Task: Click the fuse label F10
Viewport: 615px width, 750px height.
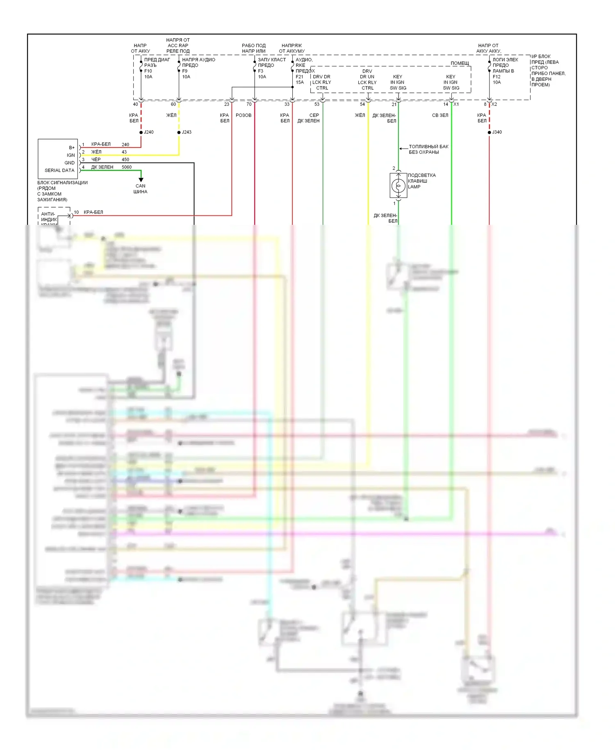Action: tap(148, 71)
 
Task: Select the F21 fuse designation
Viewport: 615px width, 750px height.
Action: tap(299, 77)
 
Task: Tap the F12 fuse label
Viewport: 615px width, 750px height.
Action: tap(497, 77)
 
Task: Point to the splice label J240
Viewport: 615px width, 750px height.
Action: tap(148, 132)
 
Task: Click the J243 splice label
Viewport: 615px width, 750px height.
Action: tap(187, 132)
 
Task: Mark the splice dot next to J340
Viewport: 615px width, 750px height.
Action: tap(489, 133)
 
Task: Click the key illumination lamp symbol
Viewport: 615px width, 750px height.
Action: tap(398, 185)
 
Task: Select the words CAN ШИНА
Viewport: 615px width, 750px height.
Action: tap(140, 189)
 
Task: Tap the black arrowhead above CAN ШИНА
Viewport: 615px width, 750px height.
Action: tap(141, 180)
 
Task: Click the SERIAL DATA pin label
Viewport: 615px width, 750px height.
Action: tap(59, 170)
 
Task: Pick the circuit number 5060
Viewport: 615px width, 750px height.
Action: tap(127, 167)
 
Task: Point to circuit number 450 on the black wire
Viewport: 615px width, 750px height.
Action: tap(125, 160)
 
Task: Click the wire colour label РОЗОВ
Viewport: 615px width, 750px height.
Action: tap(244, 115)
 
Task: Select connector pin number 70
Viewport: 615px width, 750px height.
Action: tap(249, 104)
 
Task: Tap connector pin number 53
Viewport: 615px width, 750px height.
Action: tap(317, 104)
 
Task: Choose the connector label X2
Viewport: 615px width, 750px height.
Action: tap(494, 104)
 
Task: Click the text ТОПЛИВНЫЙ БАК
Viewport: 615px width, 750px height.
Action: tap(428, 146)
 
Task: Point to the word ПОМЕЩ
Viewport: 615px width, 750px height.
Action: tap(460, 63)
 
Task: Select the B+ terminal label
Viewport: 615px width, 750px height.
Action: tap(72, 148)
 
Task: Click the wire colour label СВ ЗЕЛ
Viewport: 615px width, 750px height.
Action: tap(440, 115)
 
